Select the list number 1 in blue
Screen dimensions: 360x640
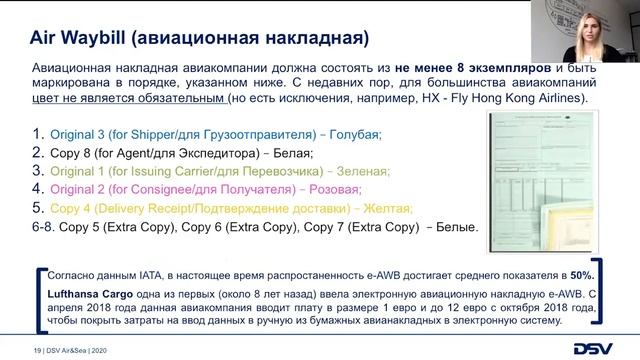click(39, 133)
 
